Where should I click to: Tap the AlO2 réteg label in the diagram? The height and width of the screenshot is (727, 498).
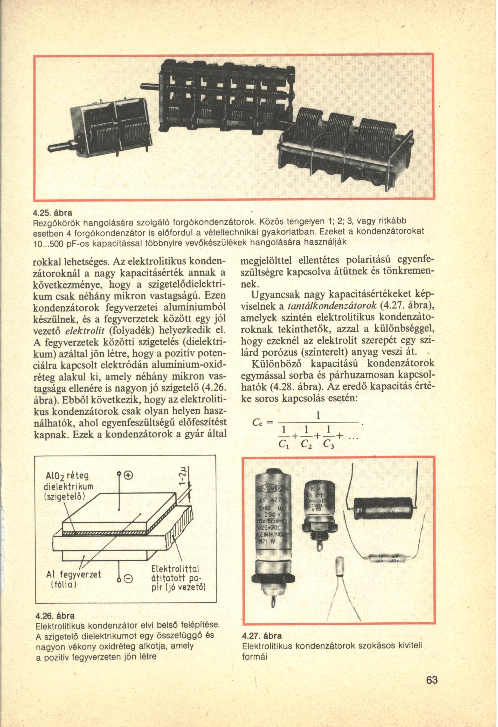click(67, 476)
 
